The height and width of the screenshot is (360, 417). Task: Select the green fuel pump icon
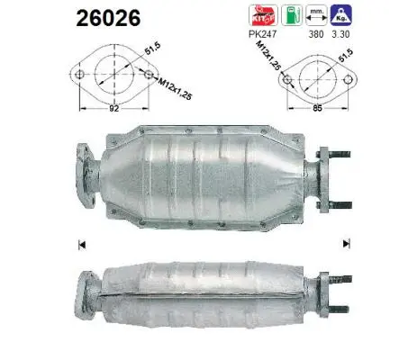point(289,16)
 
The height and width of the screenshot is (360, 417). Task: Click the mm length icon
point(315,16)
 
